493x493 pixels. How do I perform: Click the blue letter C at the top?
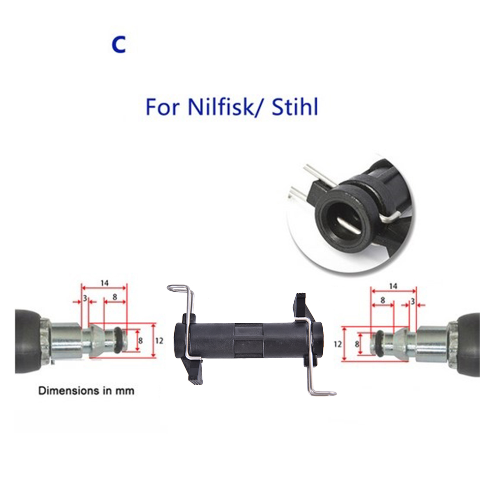pyautogui.click(x=119, y=45)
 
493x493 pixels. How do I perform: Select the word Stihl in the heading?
pyautogui.click(x=295, y=107)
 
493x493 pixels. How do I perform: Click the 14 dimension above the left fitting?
pyautogui.click(x=105, y=283)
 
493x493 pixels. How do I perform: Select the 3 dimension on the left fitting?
pyautogui.click(x=85, y=298)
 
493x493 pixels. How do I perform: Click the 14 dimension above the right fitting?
pyautogui.click(x=393, y=286)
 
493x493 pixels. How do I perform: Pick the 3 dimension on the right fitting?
pyautogui.click(x=412, y=302)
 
